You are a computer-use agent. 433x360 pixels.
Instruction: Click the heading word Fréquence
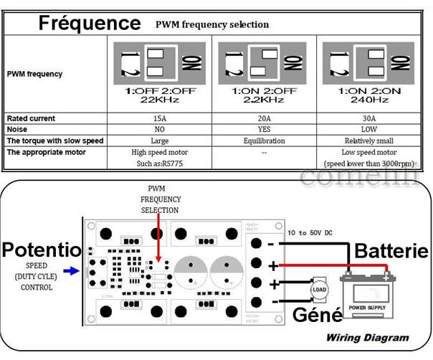coord(90,23)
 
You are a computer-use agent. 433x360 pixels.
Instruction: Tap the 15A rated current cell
coord(163,118)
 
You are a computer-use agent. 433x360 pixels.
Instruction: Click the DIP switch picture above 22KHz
coord(163,63)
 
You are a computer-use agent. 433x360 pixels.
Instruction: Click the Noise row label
coord(17,130)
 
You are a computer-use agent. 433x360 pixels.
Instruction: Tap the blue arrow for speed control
coord(71,270)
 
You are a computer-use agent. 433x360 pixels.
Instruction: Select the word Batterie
coord(391,251)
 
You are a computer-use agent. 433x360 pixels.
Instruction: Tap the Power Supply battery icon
coord(366,297)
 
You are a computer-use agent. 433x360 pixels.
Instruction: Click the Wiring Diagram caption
coord(367,337)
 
